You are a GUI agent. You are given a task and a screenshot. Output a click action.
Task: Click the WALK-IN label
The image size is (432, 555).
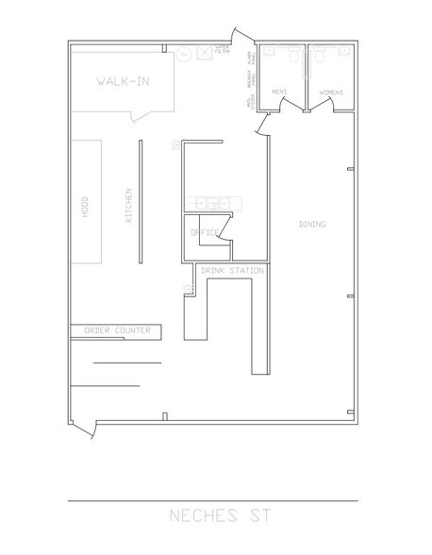122,81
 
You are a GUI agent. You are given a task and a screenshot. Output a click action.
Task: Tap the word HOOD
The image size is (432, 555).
85,207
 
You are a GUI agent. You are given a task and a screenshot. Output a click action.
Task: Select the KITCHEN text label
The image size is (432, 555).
127,207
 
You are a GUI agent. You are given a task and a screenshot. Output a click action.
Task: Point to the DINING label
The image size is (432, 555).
312,225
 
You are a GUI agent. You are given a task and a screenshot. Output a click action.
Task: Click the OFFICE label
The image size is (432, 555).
205,232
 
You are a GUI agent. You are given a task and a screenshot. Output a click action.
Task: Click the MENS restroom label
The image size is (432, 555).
278,92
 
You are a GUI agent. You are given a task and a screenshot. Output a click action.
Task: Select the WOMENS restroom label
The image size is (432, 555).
331,92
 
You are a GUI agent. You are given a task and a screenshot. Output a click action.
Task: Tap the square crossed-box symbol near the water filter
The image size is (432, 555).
204,54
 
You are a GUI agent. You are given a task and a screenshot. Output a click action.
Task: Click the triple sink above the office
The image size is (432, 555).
213,202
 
